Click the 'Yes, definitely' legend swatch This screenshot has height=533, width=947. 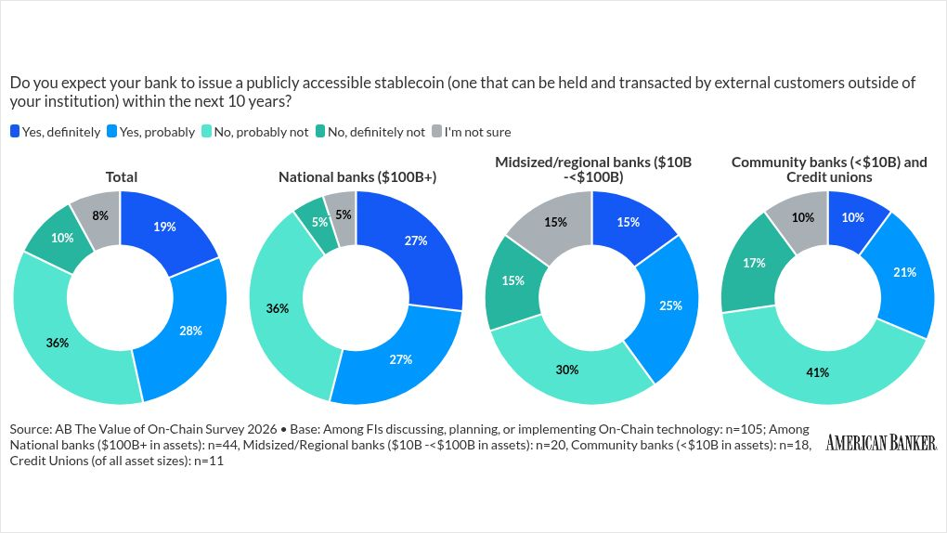(15, 132)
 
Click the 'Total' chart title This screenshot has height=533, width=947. (122, 176)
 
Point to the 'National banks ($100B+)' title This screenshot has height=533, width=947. (357, 176)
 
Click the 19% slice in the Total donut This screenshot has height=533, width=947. (165, 227)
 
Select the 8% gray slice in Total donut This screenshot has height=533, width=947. (99, 215)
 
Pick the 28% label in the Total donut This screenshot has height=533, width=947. (191, 331)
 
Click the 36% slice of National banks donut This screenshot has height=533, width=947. (278, 308)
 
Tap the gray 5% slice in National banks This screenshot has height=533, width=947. (342, 215)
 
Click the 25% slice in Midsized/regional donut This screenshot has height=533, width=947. (671, 305)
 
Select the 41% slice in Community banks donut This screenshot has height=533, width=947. (818, 372)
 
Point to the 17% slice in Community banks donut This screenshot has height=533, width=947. (753, 263)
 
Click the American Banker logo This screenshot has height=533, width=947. (880, 443)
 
